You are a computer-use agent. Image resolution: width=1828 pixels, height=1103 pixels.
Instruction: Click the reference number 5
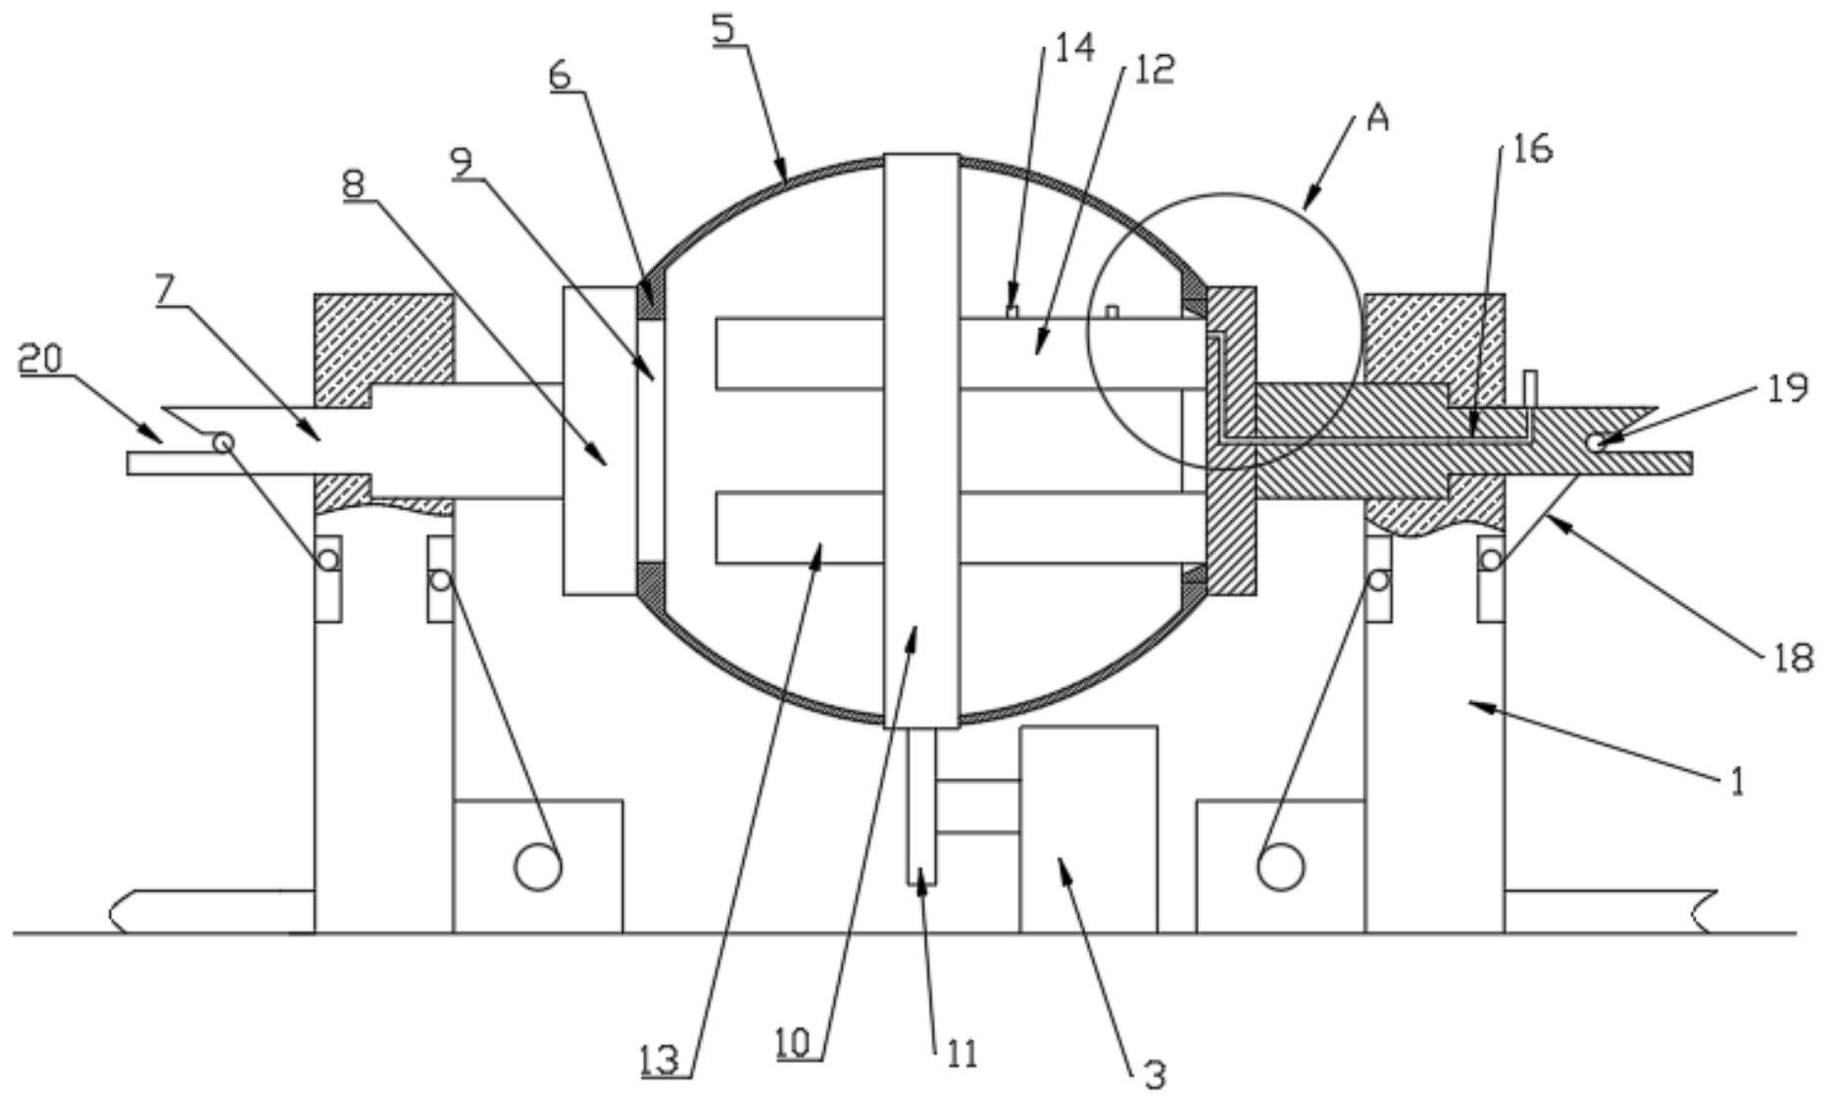724,27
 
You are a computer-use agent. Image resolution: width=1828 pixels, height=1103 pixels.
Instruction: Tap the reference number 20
40,360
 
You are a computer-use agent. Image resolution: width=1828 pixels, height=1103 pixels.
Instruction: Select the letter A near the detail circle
1378,119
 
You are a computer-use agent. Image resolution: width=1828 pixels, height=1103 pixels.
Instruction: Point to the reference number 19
1788,389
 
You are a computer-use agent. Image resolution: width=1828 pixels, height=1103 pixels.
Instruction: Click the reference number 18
1793,657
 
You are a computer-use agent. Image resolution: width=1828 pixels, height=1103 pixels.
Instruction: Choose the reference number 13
660,1060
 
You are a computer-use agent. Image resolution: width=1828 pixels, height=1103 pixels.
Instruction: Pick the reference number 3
1155,1075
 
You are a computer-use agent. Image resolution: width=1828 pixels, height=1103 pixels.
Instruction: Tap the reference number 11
962,1054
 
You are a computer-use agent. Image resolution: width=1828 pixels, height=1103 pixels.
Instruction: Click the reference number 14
1075,47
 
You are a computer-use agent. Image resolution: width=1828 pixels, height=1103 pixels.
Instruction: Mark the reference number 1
1736,782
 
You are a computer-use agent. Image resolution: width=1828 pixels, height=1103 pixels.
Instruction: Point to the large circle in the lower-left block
538,867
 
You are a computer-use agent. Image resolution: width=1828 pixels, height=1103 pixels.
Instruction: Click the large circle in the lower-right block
1281,867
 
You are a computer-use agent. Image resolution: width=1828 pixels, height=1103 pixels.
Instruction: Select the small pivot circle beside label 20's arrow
223,442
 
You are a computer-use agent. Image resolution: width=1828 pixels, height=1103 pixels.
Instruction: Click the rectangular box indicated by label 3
1088,828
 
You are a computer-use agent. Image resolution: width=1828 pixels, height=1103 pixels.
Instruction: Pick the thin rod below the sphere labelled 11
922,807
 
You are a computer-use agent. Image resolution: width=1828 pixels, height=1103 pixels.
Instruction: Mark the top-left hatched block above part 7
383,350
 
